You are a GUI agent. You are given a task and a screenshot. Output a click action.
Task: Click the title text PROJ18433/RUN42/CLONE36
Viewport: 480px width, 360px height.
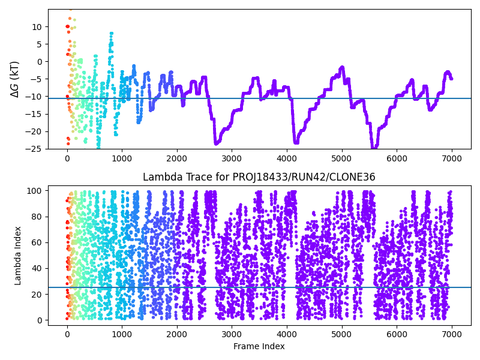pyautogui.click(x=304, y=177)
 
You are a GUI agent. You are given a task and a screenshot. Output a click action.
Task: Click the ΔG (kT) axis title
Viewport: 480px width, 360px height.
pyautogui.click(x=15, y=79)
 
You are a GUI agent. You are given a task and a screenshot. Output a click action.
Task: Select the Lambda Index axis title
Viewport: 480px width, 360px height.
pyautogui.click(x=17, y=256)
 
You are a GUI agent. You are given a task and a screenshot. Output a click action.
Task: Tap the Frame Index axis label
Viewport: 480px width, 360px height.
pyautogui.click(x=259, y=346)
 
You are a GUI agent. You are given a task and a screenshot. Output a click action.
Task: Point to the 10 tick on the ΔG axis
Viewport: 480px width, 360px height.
pyautogui.click(x=37, y=27)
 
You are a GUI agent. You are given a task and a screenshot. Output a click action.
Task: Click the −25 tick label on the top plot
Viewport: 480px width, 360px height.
pyautogui.click(x=35, y=149)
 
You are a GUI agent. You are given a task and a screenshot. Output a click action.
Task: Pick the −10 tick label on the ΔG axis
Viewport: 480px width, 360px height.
pyautogui.click(x=35, y=97)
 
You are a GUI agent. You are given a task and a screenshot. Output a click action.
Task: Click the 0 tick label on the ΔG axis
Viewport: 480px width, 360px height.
pyautogui.click(x=39, y=62)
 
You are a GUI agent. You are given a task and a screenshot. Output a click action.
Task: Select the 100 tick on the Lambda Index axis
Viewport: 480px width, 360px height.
pyautogui.click(x=34, y=191)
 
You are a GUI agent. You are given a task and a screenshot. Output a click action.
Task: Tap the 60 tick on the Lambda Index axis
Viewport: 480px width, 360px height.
pyautogui.click(x=37, y=242)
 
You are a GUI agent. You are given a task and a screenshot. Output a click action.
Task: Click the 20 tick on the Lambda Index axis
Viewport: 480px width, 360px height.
pyautogui.click(x=37, y=295)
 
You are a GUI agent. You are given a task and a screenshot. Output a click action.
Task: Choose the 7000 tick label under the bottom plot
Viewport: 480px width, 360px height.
pyautogui.click(x=452, y=334)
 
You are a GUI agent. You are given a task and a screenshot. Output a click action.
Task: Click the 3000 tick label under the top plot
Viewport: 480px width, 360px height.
pyautogui.click(x=232, y=158)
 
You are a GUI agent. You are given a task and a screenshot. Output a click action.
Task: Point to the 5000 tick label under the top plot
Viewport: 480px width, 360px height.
pyautogui.click(x=341, y=158)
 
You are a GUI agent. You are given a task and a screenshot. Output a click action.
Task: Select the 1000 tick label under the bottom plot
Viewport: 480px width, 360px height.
pyautogui.click(x=122, y=334)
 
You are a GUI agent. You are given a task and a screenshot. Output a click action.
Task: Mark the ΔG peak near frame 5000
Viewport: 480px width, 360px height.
pyautogui.click(x=342, y=67)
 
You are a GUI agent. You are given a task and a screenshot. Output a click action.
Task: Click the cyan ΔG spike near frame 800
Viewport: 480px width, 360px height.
pyautogui.click(x=112, y=34)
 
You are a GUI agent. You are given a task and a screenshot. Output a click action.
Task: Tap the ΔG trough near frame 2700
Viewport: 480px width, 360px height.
pyautogui.click(x=216, y=143)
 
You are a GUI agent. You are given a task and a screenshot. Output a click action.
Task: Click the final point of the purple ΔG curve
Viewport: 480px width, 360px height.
pyautogui.click(x=452, y=79)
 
